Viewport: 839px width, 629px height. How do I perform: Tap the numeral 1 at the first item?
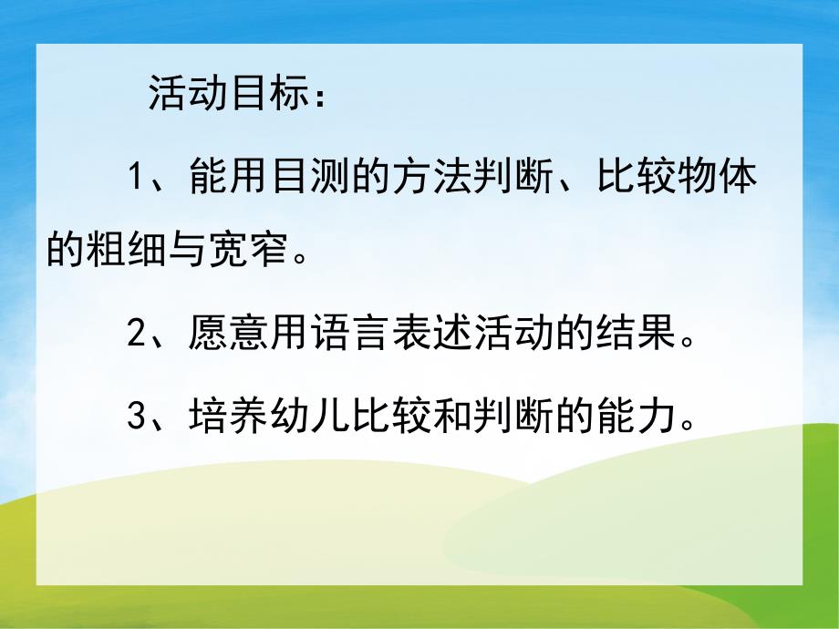(x=137, y=176)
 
